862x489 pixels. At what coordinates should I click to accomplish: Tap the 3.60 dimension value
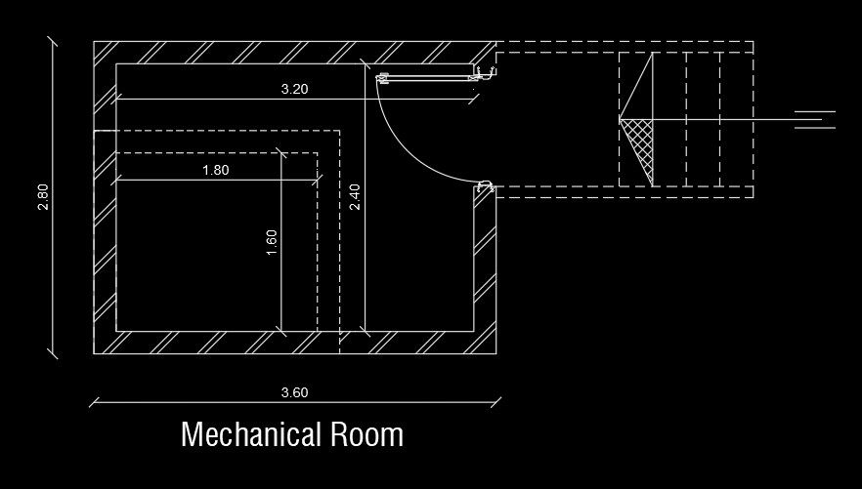coord(294,393)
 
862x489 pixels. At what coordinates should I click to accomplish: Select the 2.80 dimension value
coord(43,197)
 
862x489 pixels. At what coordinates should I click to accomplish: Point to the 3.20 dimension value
coord(294,89)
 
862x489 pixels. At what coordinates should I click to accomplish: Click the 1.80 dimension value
coord(215,170)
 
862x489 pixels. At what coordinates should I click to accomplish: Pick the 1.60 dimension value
coord(272,241)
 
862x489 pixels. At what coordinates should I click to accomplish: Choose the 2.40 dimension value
coord(356,197)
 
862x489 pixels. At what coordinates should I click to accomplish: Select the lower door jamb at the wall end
coord(483,187)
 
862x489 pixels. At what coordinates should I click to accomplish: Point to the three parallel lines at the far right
coord(814,120)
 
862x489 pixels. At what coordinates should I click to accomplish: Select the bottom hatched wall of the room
coord(293,343)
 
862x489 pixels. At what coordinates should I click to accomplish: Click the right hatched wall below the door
coord(486,264)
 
